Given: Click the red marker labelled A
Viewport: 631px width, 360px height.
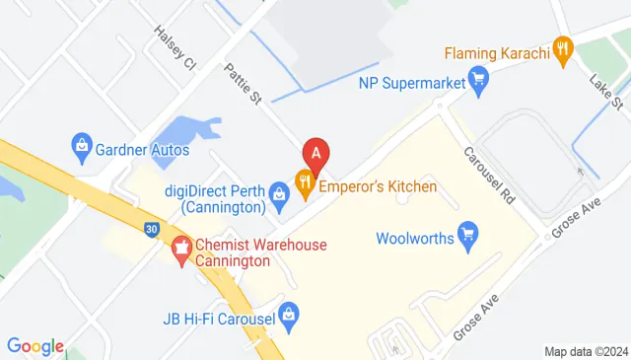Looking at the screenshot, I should point(315,154).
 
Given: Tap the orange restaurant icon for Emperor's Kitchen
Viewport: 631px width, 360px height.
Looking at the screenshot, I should point(306,180).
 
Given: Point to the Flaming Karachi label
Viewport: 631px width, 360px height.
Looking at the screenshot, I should point(496,52).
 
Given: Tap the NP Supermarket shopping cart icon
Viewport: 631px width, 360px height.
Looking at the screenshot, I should point(478,76).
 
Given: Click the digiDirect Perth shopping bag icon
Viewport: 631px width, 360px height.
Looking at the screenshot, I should point(279,190).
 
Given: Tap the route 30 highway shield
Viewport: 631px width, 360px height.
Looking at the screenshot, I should point(150,229).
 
